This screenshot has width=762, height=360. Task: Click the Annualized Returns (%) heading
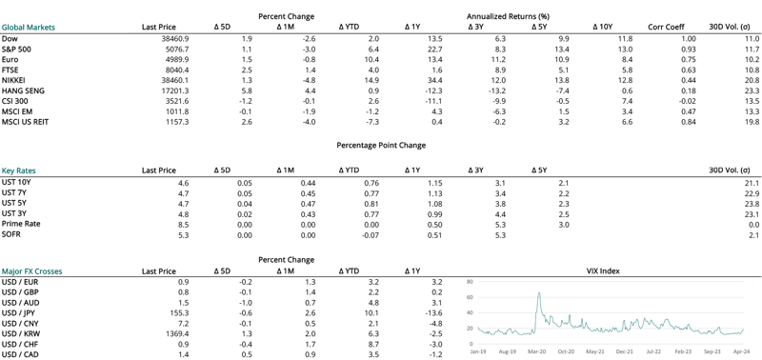coord(510,17)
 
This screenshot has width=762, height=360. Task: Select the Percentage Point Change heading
coord(381,146)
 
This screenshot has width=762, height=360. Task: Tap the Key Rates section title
coord(20,170)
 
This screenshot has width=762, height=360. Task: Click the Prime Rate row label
coord(21,224)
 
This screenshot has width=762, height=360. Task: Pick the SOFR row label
coord(11,233)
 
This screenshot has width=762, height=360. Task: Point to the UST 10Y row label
coord(16,183)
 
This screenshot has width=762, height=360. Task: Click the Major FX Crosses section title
coord(32,271)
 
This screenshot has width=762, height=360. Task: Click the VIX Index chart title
coord(602,271)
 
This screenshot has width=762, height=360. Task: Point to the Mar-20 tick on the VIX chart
coord(538,350)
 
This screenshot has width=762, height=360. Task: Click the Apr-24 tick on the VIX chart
coord(742,350)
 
